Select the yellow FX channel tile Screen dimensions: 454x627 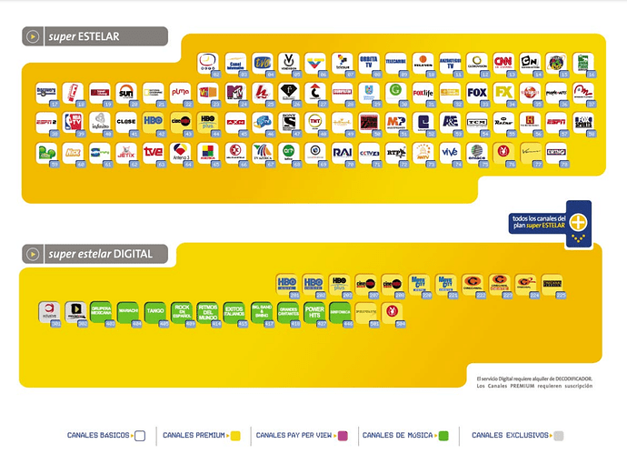coord(503,92)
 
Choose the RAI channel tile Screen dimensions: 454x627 coord(342,151)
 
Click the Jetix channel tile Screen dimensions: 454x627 coord(126,151)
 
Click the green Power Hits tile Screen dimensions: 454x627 coord(314,311)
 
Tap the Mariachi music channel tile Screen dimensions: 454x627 coord(127,311)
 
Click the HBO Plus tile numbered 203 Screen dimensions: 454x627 coord(341,283)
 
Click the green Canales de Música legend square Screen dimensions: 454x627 coord(444,436)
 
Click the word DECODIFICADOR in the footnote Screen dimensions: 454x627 coord(570,377)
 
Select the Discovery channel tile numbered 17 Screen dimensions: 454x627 coord(45,92)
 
